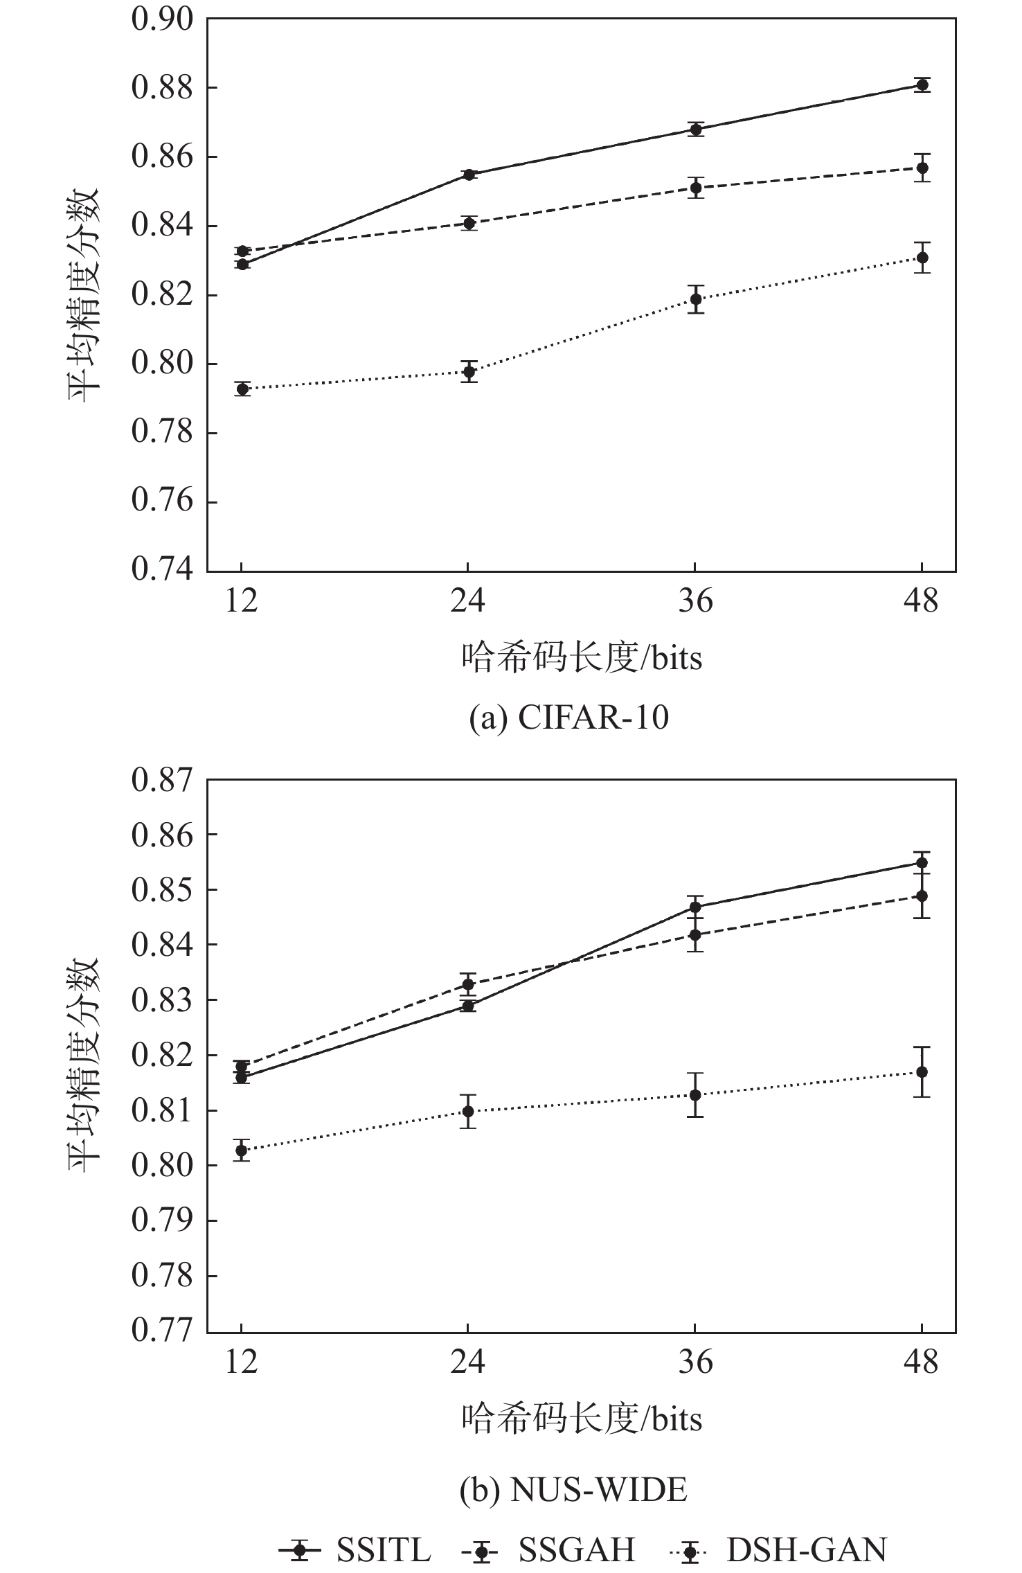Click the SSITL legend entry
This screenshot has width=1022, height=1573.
[355, 1531]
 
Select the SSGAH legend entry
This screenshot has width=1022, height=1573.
[548, 1531]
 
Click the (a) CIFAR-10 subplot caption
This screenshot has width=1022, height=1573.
[569, 718]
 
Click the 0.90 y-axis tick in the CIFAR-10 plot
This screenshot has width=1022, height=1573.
[163, 20]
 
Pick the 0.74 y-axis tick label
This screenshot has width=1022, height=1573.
[163, 569]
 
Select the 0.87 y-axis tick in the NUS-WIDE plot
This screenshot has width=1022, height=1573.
[163, 781]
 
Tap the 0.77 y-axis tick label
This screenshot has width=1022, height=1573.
[163, 1331]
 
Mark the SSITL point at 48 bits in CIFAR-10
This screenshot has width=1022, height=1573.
[922, 85]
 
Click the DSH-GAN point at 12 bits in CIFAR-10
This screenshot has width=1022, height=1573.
[242, 389]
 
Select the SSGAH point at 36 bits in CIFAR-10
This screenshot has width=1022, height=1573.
[695, 188]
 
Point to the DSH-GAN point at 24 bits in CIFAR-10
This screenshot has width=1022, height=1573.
[469, 372]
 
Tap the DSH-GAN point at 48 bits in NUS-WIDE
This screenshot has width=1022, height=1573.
[922, 1072]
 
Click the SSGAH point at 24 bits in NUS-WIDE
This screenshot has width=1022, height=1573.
[469, 984]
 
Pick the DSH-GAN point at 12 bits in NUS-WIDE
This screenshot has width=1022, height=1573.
[242, 1150]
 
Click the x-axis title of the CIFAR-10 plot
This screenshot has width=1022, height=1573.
[582, 659]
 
